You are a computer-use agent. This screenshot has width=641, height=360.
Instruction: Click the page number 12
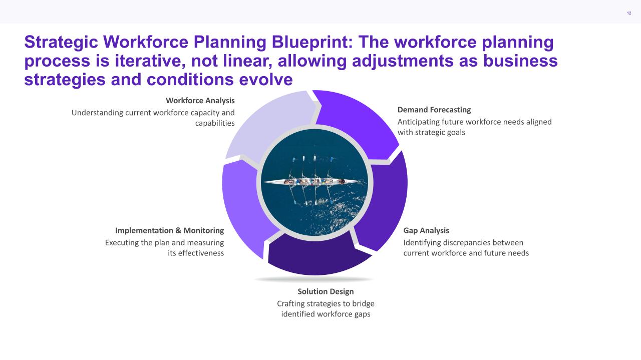click(628, 13)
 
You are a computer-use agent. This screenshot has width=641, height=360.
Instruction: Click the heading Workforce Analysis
click(200, 101)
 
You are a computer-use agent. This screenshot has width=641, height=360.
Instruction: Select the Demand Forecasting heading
click(434, 110)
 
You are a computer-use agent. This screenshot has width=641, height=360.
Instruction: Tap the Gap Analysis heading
click(426, 230)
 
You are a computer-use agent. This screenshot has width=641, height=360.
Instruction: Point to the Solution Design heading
click(326, 291)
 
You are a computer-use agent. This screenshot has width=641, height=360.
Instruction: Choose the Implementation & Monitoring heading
click(169, 230)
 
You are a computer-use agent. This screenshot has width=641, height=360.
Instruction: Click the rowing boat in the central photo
click(310, 182)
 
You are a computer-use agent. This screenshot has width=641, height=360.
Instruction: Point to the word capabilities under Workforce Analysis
click(215, 123)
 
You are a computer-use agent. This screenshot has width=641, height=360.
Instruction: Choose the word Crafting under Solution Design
click(292, 303)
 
